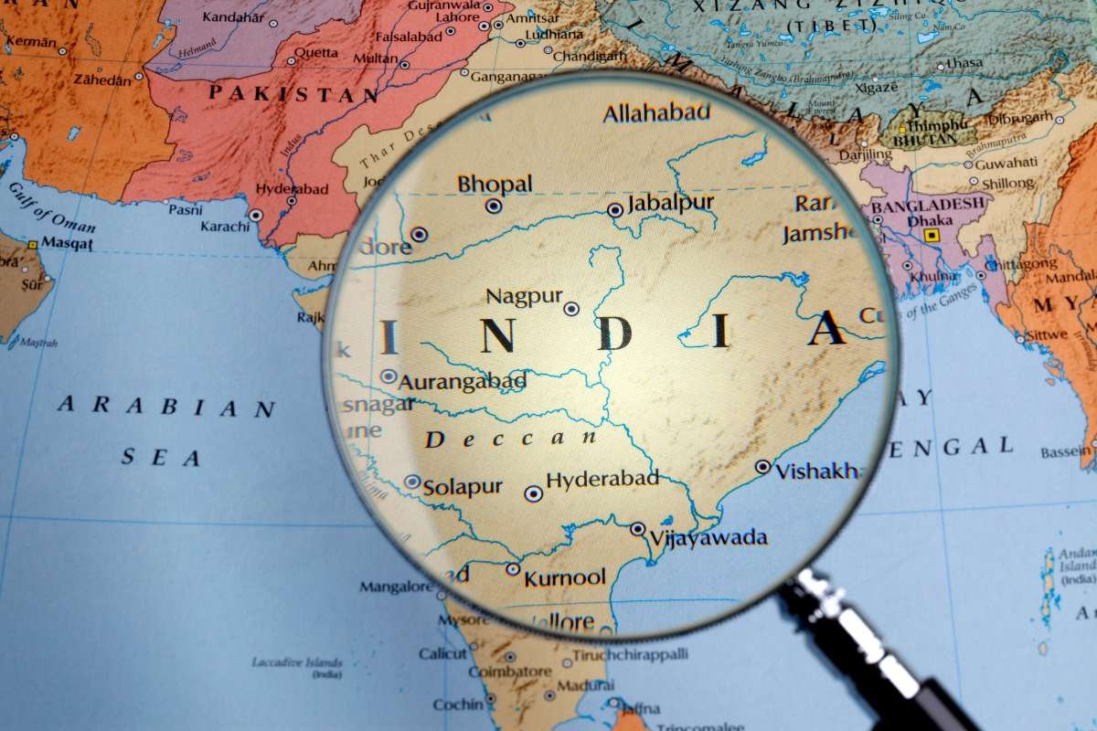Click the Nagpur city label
point(523,296)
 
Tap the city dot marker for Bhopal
point(493,206)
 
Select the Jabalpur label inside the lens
point(671,202)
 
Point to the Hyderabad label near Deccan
point(602,479)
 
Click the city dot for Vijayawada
point(637,528)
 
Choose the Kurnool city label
point(565,577)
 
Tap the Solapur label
point(462,487)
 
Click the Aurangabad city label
point(462,381)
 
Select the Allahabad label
point(656,112)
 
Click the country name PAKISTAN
point(293,92)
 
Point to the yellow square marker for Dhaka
point(931,235)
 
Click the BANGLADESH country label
point(929,205)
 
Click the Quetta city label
point(316,52)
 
